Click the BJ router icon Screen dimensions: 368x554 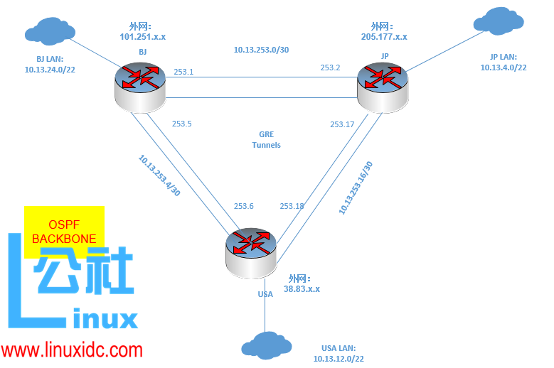coord(139,87)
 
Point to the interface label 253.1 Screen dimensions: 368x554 coord(183,72)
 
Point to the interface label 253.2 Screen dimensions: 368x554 coord(330,68)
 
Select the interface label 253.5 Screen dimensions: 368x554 coord(182,124)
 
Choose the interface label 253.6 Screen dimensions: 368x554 coord(244,206)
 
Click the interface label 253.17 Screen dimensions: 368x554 coord(342,125)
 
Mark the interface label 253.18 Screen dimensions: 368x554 coord(292,206)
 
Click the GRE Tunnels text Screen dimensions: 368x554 coord(267,139)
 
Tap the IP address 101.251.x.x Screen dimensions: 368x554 coord(147,36)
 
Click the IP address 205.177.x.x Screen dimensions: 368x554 coord(384,36)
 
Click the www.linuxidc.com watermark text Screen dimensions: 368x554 coord(72,350)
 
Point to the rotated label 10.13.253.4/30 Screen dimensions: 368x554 coord(159,176)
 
